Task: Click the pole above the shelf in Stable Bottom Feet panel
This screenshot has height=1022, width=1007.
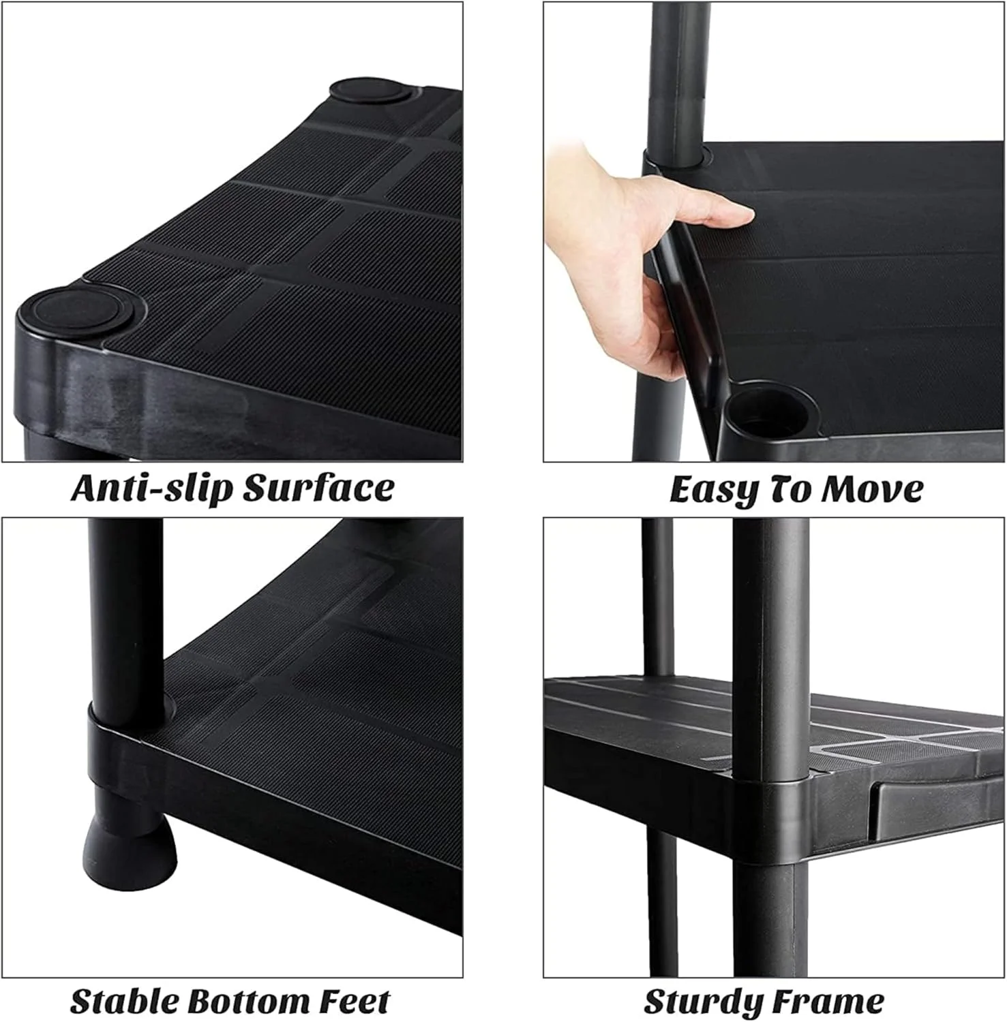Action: pos(126,620)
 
